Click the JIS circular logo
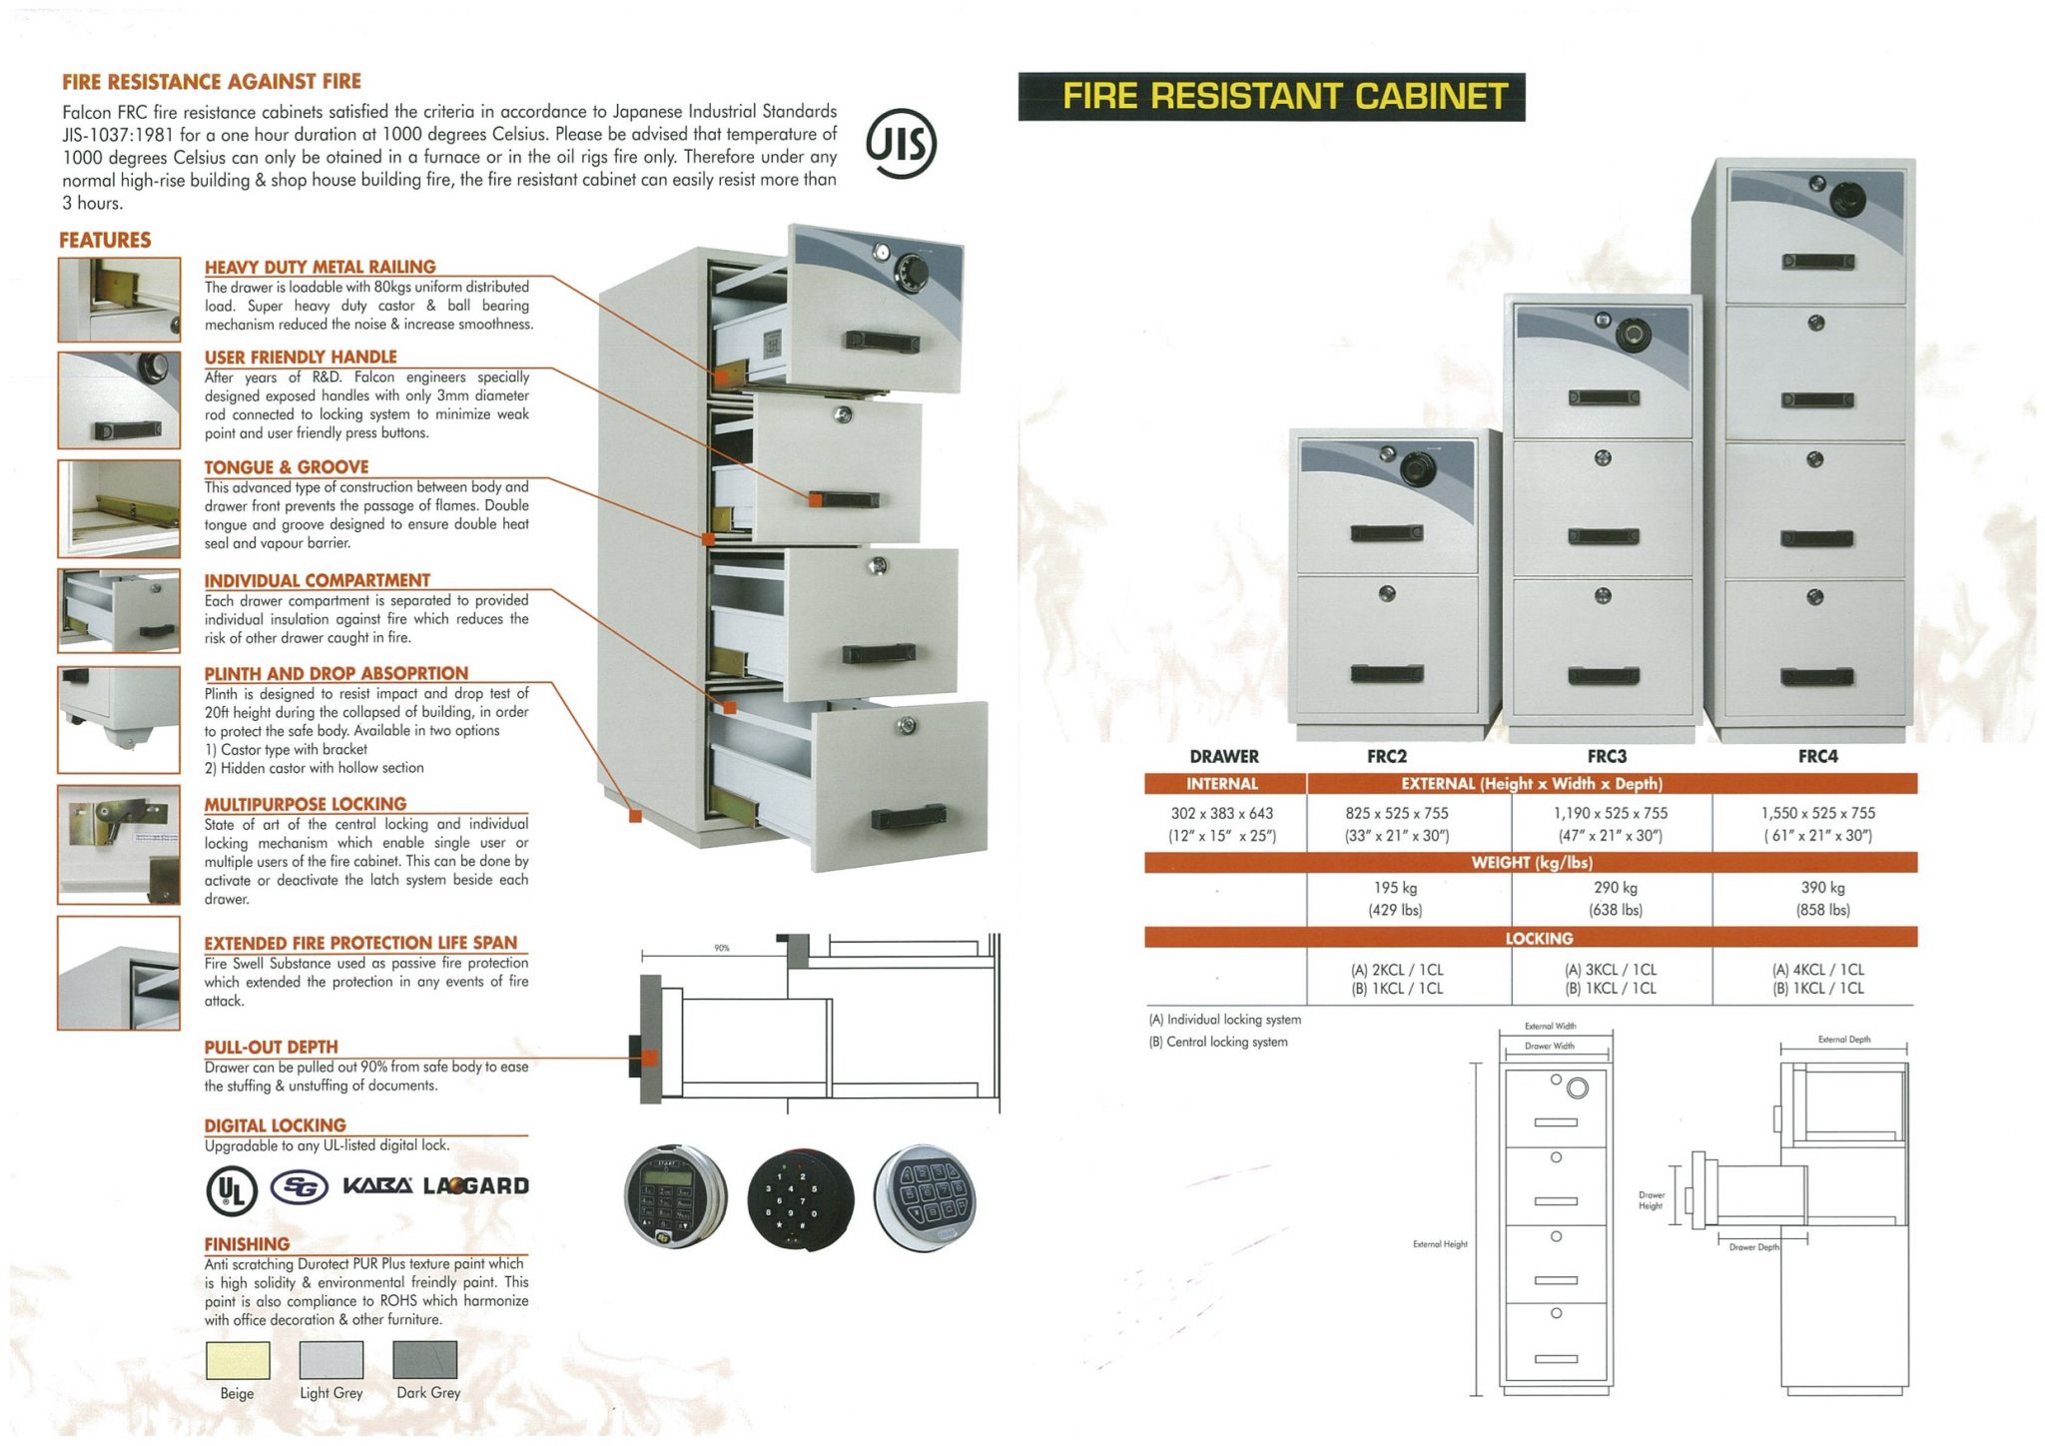(x=901, y=144)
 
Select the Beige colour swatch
(x=237, y=1360)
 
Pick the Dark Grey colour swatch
(x=425, y=1360)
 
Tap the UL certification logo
(x=232, y=1189)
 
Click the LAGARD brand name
(x=476, y=1186)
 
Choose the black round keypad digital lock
(x=800, y=1197)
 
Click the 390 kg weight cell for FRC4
(x=1822, y=887)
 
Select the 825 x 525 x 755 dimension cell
(x=1396, y=813)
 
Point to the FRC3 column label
(x=1607, y=756)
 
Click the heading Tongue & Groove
(x=287, y=467)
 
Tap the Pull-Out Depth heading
(x=271, y=1047)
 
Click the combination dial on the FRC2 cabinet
(x=1416, y=466)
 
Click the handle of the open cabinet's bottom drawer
(x=908, y=817)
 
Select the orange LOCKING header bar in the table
(x=1538, y=938)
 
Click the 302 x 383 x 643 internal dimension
(x=1222, y=813)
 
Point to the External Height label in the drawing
(x=1440, y=1244)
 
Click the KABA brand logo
(x=377, y=1186)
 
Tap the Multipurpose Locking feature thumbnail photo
(x=119, y=845)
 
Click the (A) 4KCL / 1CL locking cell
(x=1817, y=969)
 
